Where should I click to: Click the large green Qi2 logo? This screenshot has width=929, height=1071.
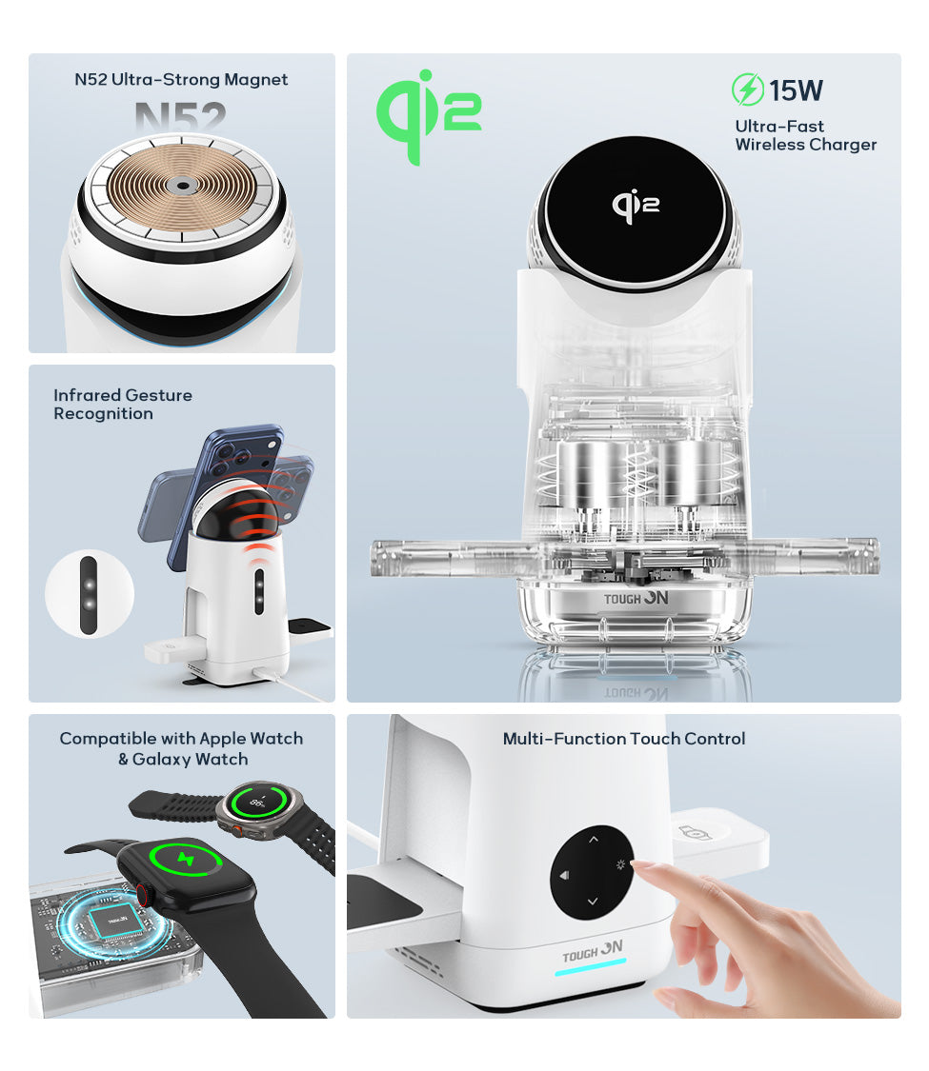click(x=429, y=116)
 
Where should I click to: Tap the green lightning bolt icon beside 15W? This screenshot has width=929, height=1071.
click(x=747, y=89)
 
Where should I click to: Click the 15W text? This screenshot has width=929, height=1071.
click(x=796, y=90)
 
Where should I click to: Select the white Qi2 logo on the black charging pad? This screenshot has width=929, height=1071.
click(x=636, y=205)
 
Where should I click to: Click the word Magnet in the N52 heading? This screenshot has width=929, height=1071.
click(x=255, y=79)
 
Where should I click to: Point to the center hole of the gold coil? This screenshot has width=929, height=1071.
click(x=182, y=185)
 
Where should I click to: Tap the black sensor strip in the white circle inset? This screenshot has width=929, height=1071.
click(x=89, y=595)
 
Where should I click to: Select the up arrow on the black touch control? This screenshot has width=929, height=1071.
click(x=594, y=839)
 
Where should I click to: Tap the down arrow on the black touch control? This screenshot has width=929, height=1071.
click(x=593, y=902)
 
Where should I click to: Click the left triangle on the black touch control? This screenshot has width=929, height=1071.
click(x=564, y=875)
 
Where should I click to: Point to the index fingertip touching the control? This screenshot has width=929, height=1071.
click(x=637, y=865)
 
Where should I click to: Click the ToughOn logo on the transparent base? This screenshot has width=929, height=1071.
click(x=636, y=599)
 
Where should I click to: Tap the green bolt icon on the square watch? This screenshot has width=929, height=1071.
click(x=186, y=860)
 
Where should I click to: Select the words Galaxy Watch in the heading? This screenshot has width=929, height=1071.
click(x=190, y=759)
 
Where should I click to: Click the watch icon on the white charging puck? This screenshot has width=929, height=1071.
click(x=696, y=833)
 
